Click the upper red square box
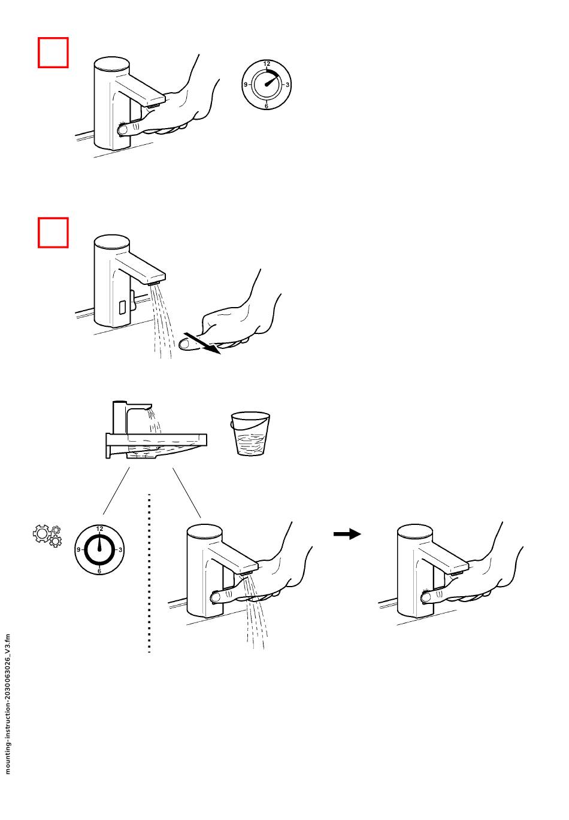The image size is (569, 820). (x=53, y=53)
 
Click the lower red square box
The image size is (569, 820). (x=53, y=232)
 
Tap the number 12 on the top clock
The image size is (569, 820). (x=267, y=64)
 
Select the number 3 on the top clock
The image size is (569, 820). (x=287, y=85)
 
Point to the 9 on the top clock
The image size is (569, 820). (x=246, y=85)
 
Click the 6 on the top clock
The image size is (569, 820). (x=267, y=106)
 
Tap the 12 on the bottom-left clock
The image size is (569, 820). (x=99, y=529)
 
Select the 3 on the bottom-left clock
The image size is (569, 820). (x=120, y=550)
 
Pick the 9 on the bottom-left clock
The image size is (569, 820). (x=78, y=550)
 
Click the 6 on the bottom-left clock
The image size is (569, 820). (x=99, y=571)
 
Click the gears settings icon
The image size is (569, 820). (x=47, y=536)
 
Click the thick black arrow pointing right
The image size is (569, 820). (x=347, y=534)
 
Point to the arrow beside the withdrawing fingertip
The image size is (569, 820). (x=207, y=345)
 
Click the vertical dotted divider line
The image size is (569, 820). (x=149, y=573)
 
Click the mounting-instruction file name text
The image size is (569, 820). (x=8, y=704)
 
